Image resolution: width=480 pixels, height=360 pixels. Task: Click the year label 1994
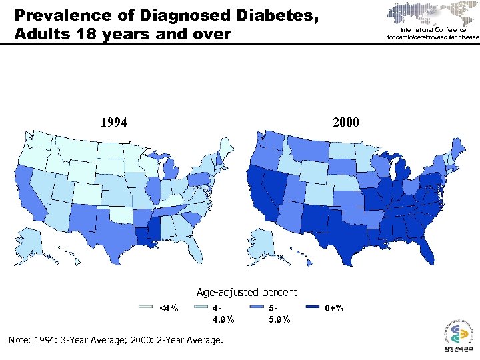(x=114, y=122)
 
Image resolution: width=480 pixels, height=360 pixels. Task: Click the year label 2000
(x=345, y=122)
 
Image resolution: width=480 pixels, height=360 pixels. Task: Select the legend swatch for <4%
(x=146, y=307)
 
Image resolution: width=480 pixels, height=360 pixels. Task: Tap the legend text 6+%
(x=335, y=308)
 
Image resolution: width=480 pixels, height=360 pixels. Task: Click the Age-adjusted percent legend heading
(x=247, y=292)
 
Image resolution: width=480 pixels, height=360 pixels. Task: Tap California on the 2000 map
(x=257, y=197)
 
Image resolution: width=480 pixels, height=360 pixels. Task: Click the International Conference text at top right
(x=433, y=31)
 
